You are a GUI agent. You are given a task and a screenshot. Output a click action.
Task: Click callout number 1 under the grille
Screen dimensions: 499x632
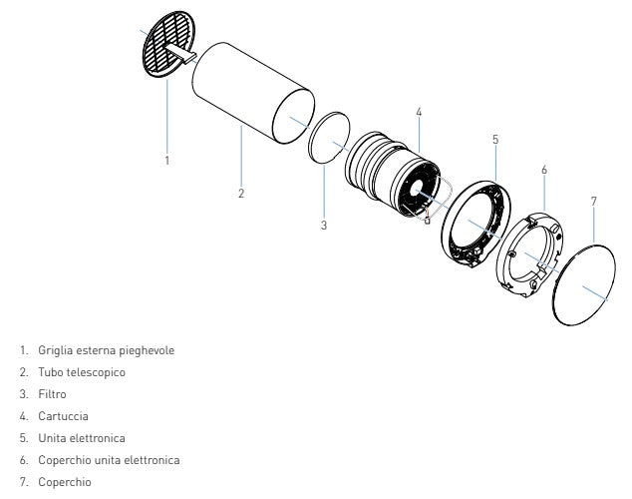click(167, 160)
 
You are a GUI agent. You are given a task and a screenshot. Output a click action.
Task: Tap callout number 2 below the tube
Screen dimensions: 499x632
click(241, 193)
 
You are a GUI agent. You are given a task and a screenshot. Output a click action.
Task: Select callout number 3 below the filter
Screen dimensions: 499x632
click(324, 226)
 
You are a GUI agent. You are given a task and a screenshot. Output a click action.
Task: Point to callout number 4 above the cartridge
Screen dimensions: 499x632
click(420, 111)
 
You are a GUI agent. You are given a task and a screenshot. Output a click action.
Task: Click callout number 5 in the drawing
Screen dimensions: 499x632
click(495, 140)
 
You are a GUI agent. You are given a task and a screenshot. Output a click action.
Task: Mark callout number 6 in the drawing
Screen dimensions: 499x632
click(544, 170)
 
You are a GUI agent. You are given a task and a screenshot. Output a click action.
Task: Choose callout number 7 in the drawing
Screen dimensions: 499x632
click(593, 201)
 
